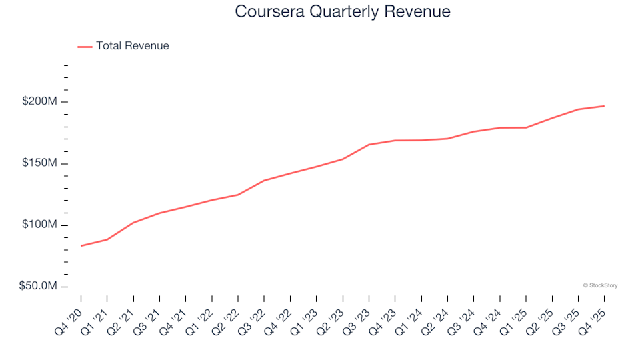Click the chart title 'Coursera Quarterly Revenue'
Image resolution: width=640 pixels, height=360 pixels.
coord(343,12)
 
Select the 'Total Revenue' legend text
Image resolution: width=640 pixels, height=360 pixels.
coord(132,46)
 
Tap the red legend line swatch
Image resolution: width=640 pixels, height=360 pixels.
coord(85,47)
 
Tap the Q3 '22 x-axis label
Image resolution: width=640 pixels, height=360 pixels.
coord(254,318)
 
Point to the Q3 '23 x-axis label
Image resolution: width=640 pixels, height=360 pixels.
coord(359,318)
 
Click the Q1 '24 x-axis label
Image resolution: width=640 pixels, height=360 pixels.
coord(411,318)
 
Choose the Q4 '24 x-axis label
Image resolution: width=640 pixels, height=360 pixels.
coord(489,318)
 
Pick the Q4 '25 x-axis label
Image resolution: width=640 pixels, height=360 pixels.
coord(594,318)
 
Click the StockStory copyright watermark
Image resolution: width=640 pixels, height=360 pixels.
coord(600,285)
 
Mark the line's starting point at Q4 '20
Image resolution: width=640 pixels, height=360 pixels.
coord(81,246)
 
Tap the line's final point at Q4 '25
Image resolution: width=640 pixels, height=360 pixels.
coord(604,106)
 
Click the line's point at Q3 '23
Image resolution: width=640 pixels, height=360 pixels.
coord(369,145)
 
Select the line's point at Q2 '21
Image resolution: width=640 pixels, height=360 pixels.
coord(133,223)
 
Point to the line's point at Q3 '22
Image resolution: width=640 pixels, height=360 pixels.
coord(264,181)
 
